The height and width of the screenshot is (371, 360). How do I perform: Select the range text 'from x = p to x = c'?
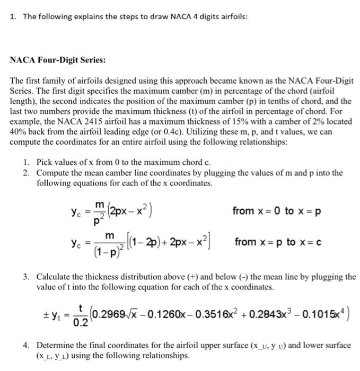click(x=271, y=242)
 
